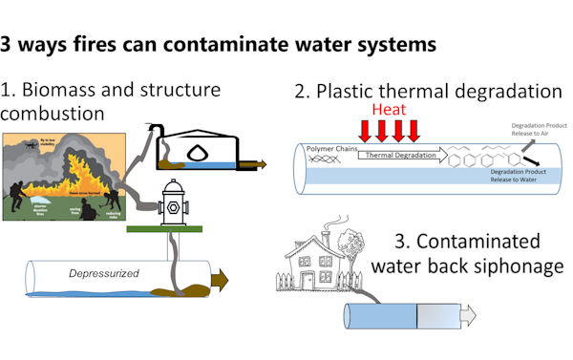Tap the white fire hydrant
point(172,201)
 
